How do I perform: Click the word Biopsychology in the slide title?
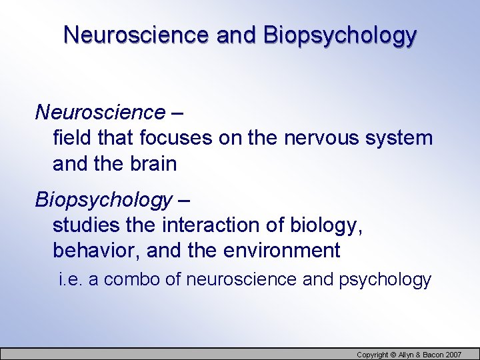340,35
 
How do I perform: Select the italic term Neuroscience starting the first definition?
100,113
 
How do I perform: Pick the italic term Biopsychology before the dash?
103,199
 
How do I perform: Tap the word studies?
87,225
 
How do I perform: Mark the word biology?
327,225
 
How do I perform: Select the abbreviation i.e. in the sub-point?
70,279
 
